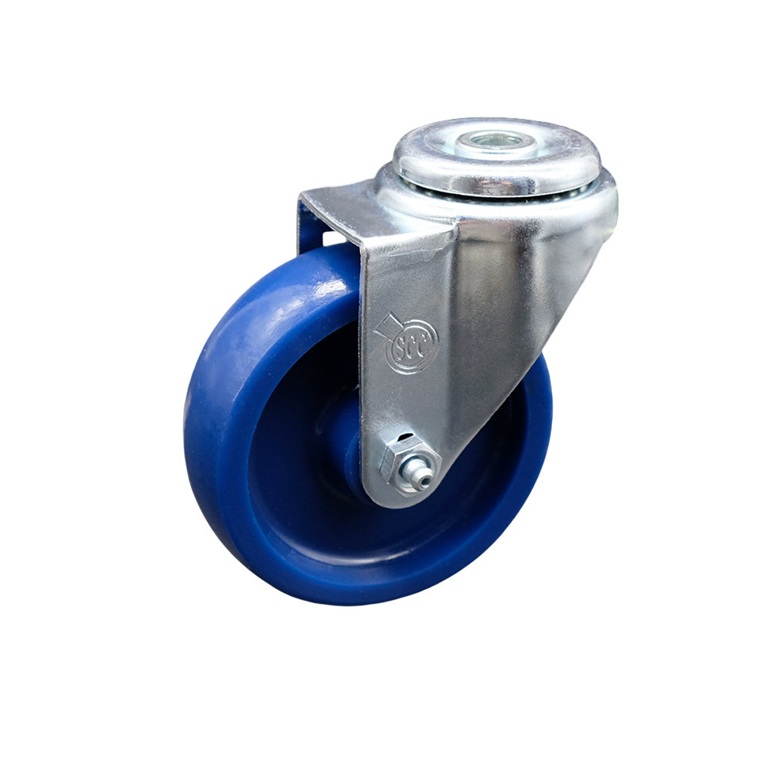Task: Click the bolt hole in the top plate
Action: coord(496,141)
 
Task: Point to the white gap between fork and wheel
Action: coord(329,236)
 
